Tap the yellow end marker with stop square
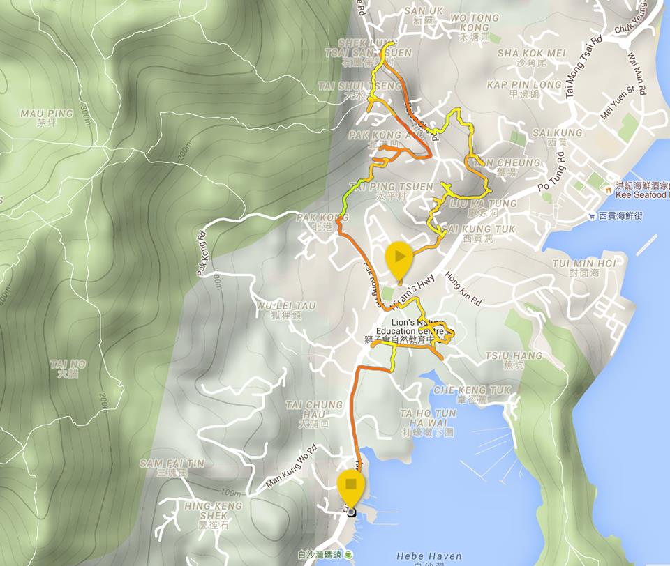(x=350, y=485)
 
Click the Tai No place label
(x=68, y=368)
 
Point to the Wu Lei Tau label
(x=286, y=310)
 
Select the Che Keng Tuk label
(x=472, y=395)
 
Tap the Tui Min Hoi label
(x=583, y=267)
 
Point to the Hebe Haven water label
(x=429, y=556)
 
